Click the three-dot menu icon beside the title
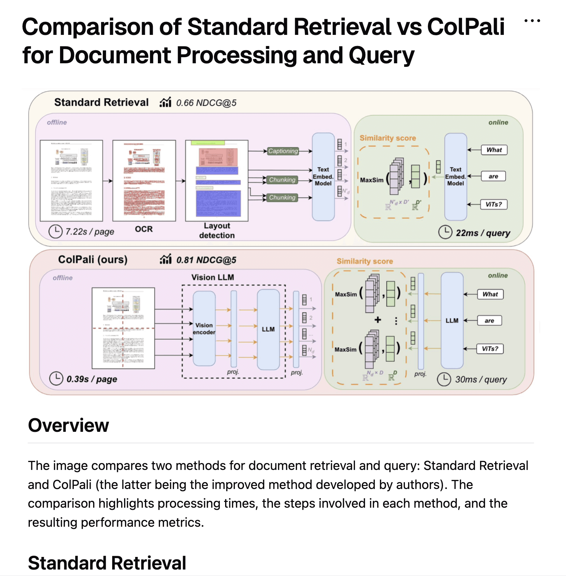click(x=532, y=21)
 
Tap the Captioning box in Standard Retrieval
click(x=283, y=151)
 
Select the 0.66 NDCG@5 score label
click(x=206, y=103)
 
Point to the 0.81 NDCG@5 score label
click(x=206, y=260)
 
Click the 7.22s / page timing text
click(x=90, y=232)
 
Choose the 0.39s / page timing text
click(x=92, y=379)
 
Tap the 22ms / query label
click(x=483, y=233)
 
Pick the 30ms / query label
click(x=481, y=380)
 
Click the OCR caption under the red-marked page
click(x=144, y=229)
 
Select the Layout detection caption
click(x=217, y=230)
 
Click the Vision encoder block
click(x=204, y=329)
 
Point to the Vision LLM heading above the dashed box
click(x=213, y=278)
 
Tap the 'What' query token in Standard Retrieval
click(x=494, y=150)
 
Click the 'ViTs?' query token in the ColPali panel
click(x=490, y=349)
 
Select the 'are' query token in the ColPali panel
click(x=489, y=321)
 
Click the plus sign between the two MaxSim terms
click(x=378, y=320)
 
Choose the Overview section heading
click(x=68, y=426)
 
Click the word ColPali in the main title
click(x=466, y=27)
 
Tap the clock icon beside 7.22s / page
click(x=55, y=232)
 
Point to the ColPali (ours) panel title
click(x=93, y=260)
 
